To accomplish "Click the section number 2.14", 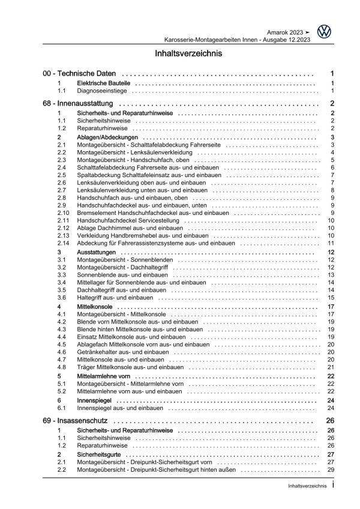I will (63, 243).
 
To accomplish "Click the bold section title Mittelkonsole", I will (91, 307).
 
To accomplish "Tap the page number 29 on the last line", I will (331, 471).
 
